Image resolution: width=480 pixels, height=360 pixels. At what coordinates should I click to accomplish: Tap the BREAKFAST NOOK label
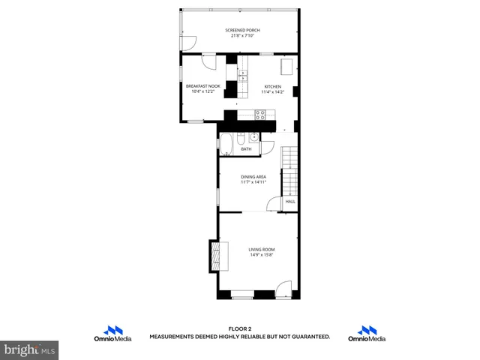tap(202, 86)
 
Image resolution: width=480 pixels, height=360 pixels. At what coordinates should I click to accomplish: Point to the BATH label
tap(246, 149)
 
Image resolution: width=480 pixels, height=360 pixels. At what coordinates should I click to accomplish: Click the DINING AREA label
tap(253, 176)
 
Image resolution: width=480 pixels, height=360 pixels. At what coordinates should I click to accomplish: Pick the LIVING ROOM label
tap(262, 249)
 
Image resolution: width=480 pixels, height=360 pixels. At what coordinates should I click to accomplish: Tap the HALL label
tap(290, 201)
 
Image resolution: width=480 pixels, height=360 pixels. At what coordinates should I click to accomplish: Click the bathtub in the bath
tap(226, 144)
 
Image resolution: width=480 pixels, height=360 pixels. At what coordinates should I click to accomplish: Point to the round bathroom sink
tap(254, 136)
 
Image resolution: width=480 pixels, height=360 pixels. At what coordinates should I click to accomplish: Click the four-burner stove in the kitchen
tap(261, 114)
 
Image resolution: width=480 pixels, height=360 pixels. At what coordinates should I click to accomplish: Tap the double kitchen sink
tap(243, 74)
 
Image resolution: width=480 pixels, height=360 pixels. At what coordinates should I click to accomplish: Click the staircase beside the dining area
tap(289, 169)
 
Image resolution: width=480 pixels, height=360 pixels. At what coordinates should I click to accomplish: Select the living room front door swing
tap(283, 289)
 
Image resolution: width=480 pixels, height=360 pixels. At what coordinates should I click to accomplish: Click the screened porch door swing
tap(189, 43)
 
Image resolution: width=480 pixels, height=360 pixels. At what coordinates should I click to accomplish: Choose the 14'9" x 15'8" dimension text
tap(262, 255)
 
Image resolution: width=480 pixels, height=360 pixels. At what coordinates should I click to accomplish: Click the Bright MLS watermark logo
tap(29, 349)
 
